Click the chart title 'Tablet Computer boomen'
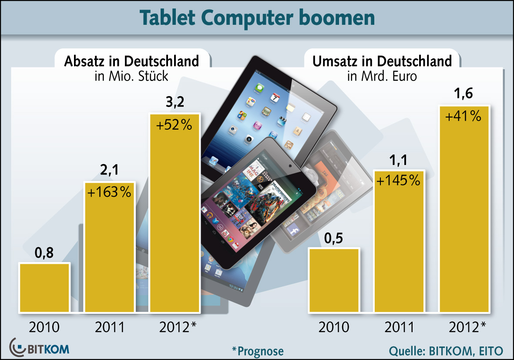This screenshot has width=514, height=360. pos(257,18)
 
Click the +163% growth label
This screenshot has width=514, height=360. pos(109,192)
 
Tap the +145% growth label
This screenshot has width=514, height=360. pos(398,180)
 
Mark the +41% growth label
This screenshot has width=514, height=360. pos(464,116)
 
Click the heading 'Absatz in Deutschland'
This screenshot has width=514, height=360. pos(131,61)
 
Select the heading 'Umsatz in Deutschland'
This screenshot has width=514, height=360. pos(382,61)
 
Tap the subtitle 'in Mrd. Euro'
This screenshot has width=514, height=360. pos(382,77)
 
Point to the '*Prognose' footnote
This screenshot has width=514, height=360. pos(258,350)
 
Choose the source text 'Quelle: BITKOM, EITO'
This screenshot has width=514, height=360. pos(446,350)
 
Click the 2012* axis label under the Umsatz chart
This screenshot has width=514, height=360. pos(467,326)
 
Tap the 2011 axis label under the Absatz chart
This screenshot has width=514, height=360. pos(109,326)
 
